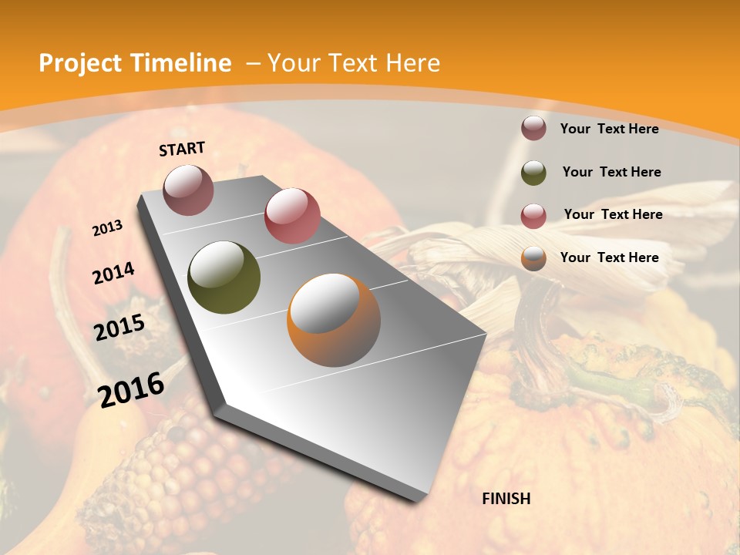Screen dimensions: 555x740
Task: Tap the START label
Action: click(x=182, y=149)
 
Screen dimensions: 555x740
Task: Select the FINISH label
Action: click(x=506, y=499)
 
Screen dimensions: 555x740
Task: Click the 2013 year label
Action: click(x=108, y=228)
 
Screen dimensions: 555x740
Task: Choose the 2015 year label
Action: click(x=119, y=328)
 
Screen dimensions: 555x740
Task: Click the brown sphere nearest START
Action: click(x=188, y=190)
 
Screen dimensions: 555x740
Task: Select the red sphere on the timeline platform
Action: click(x=292, y=215)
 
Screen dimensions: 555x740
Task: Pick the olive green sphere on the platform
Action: click(x=224, y=277)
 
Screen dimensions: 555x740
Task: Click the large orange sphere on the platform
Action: click(x=334, y=320)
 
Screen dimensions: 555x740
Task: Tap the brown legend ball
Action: click(x=533, y=129)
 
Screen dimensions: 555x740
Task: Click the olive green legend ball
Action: click(x=533, y=173)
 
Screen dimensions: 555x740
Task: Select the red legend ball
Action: click(x=533, y=215)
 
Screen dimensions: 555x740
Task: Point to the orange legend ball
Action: click(x=533, y=258)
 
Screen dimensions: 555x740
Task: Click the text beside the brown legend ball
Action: click(x=609, y=129)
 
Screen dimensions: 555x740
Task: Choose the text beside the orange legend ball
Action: click(x=609, y=257)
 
